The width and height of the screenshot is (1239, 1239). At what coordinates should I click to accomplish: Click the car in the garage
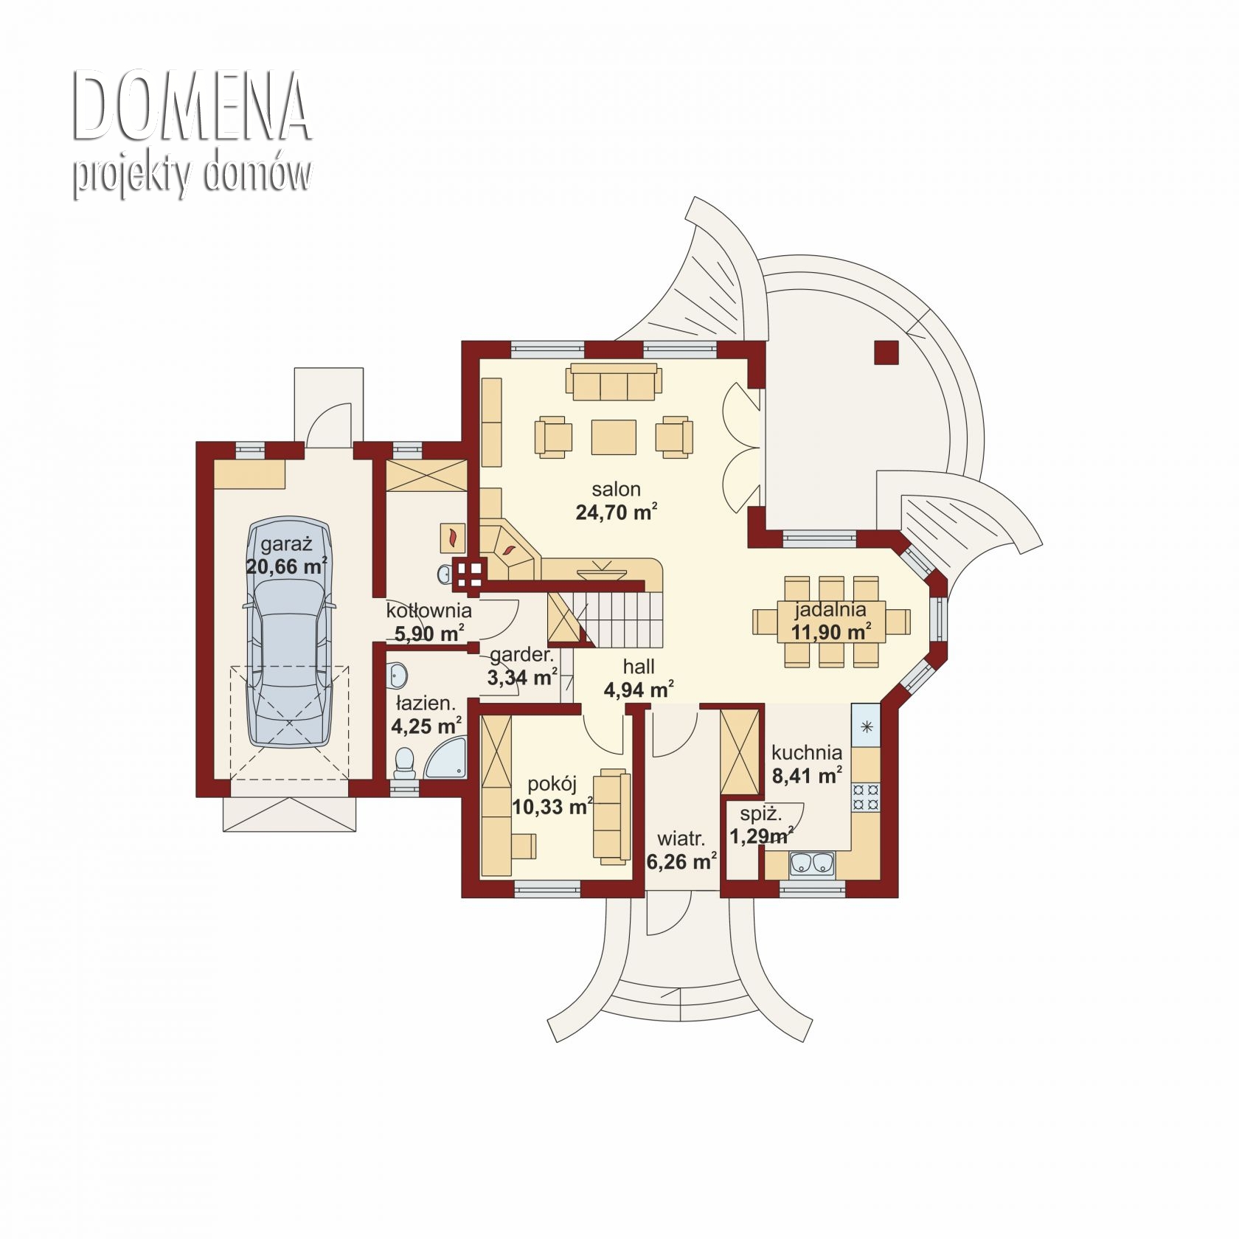click(289, 632)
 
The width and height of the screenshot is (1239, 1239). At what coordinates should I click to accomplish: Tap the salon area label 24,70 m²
click(617, 512)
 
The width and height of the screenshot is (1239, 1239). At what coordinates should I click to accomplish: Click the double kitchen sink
click(812, 864)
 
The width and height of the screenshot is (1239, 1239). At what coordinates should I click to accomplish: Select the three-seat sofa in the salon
click(614, 381)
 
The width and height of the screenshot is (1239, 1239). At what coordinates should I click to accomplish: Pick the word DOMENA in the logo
click(192, 107)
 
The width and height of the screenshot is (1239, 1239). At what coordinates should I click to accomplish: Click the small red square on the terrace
click(886, 353)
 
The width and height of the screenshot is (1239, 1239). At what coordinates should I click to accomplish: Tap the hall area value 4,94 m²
click(639, 690)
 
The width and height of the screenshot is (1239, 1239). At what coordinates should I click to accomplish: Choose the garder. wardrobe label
click(521, 654)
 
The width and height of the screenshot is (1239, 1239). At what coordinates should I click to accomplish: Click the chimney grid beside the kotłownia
click(469, 575)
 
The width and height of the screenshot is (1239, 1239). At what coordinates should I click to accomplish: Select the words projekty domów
click(192, 177)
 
